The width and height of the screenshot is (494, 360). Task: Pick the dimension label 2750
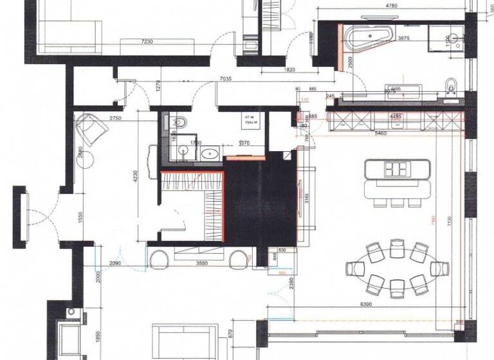(x=116, y=119)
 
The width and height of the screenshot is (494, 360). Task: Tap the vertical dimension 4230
(x=135, y=176)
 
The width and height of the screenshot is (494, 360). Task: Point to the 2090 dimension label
(x=116, y=264)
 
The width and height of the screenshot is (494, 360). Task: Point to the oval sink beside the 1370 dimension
(x=210, y=154)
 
